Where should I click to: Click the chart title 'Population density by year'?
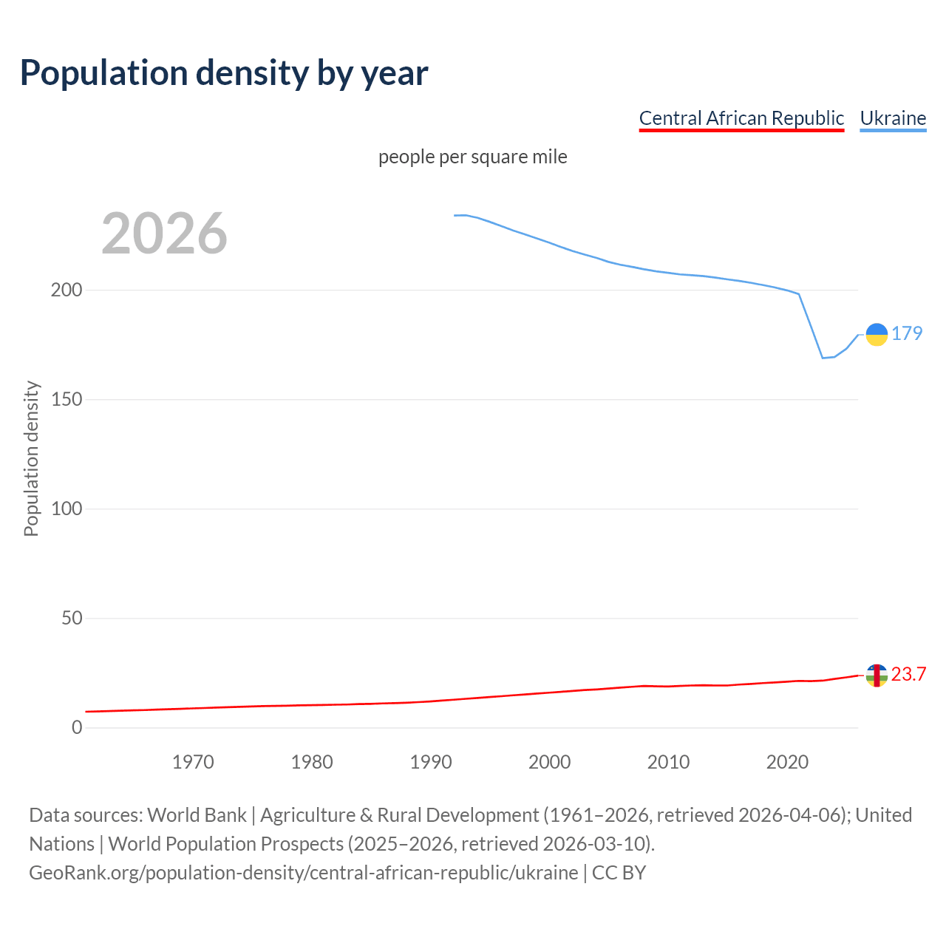(x=224, y=73)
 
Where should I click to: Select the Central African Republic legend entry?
(x=741, y=118)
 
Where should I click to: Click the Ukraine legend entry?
(x=893, y=118)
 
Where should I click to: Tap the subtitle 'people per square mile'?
(x=473, y=157)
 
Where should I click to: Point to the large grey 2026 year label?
(x=164, y=234)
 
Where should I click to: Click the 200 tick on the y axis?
(x=67, y=290)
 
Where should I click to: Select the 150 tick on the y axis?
(x=67, y=399)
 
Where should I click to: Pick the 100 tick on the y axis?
(x=67, y=508)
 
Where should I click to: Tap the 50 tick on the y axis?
(x=72, y=618)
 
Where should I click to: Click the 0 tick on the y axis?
(x=77, y=727)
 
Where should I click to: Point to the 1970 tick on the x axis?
(x=193, y=762)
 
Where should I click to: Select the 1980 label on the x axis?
(x=312, y=762)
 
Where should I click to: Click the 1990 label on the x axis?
(x=431, y=762)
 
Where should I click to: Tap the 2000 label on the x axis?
(x=550, y=762)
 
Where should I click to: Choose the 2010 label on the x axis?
(x=668, y=762)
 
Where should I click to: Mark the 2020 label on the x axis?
(x=787, y=762)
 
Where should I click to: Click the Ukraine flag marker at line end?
(x=877, y=335)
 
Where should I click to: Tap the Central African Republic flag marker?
(x=877, y=676)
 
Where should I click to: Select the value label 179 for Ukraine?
(x=907, y=334)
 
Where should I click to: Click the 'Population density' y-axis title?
(x=31, y=458)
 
